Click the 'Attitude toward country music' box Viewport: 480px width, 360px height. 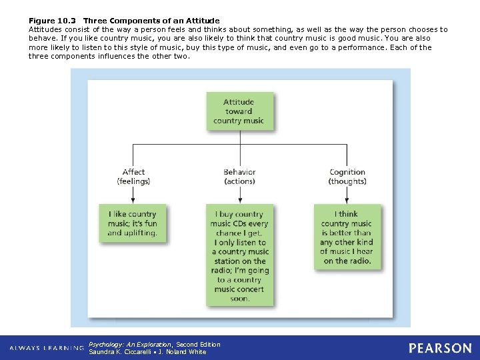point(239,111)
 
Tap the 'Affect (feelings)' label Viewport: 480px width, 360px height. point(133,177)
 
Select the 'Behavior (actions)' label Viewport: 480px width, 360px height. point(239,177)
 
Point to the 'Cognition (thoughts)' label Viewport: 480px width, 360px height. point(347,177)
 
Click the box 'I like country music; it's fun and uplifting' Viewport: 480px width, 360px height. point(133,224)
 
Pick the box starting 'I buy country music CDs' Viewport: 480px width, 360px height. point(240,257)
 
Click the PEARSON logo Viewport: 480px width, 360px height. point(440,348)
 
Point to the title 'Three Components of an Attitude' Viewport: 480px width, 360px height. point(151,21)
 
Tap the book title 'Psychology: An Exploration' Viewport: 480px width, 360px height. point(131,344)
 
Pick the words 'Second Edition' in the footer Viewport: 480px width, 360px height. point(198,344)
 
